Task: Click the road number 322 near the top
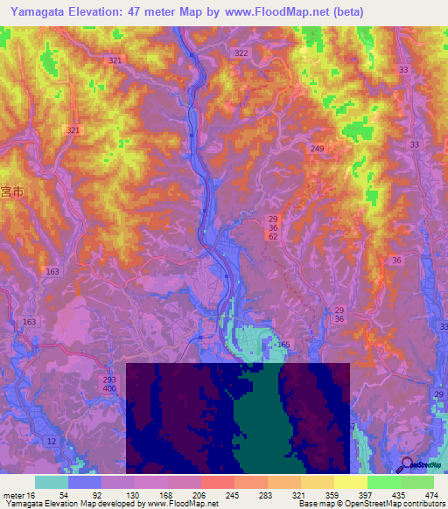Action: pos(241,53)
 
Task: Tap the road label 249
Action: pos(317,150)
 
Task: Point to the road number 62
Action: pos(273,238)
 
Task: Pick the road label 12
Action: pos(52,442)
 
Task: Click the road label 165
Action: pos(283,345)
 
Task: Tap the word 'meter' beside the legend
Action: pos(13,494)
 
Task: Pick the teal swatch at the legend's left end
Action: pos(51,482)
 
